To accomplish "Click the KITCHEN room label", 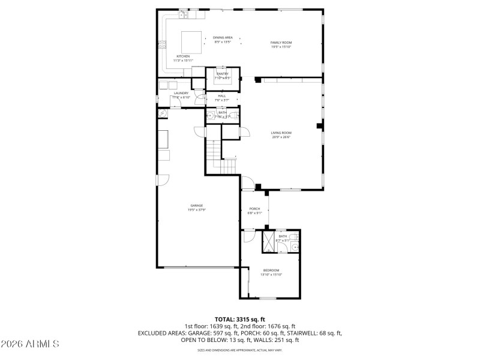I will click(x=182, y=56).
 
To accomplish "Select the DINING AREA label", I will click(x=222, y=38).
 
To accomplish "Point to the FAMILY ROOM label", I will click(x=281, y=43).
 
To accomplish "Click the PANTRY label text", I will click(x=223, y=74).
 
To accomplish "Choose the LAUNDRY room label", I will click(x=181, y=93).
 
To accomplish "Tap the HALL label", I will click(x=222, y=96).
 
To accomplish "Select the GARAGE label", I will click(x=197, y=205).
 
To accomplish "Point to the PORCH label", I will click(x=254, y=209).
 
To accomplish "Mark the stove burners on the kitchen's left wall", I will click(x=161, y=43).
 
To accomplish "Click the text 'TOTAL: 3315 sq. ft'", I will click(x=240, y=319).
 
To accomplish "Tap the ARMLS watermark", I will click(x=30, y=344).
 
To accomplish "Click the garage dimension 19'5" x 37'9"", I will click(x=197, y=209).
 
